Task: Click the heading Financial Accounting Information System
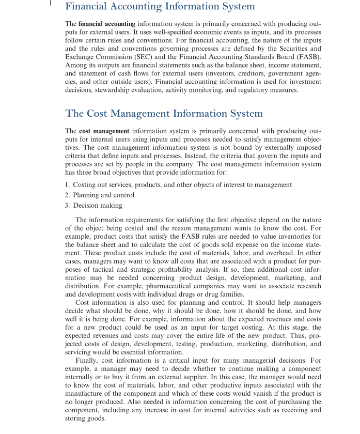[x=160, y=7]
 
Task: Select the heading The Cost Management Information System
[x=164, y=113]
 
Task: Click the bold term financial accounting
[x=107, y=24]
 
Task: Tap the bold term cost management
[x=104, y=131]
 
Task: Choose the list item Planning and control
[x=103, y=195]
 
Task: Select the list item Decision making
[x=98, y=206]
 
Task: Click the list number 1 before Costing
[x=67, y=185]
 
